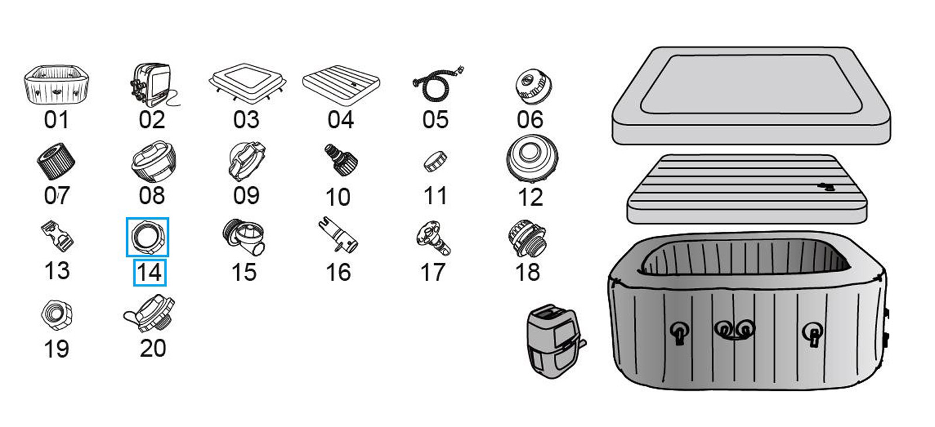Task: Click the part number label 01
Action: point(56,120)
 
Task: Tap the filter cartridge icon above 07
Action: point(56,161)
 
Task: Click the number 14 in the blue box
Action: point(150,273)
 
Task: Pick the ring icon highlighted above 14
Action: point(147,237)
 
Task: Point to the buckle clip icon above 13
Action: point(57,236)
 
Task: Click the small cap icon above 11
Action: point(435,161)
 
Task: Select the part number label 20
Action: point(153,348)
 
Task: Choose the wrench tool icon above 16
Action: point(338,237)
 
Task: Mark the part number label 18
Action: point(527,272)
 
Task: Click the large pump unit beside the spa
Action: point(553,341)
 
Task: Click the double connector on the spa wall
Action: point(735,329)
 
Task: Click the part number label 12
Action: point(530,197)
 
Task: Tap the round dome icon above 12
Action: point(531,158)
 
